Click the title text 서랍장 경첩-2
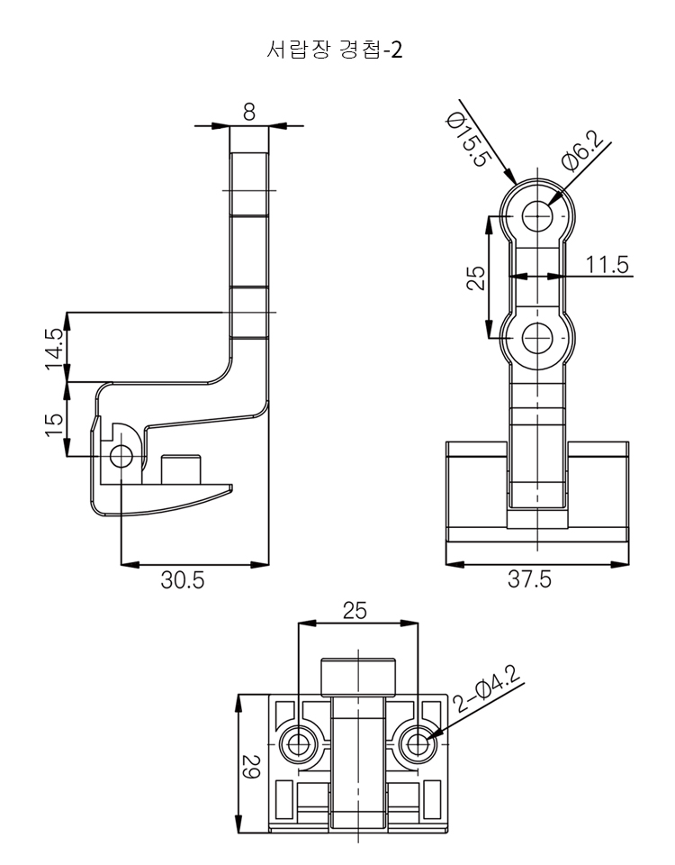click(x=334, y=50)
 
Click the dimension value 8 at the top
click(x=249, y=112)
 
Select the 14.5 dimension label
click(x=55, y=350)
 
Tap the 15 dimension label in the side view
click(x=55, y=424)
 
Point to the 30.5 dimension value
click(x=183, y=579)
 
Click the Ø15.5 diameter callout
click(x=468, y=140)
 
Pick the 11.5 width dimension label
click(x=607, y=265)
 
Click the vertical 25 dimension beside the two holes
click(x=475, y=278)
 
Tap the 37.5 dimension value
click(x=529, y=579)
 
